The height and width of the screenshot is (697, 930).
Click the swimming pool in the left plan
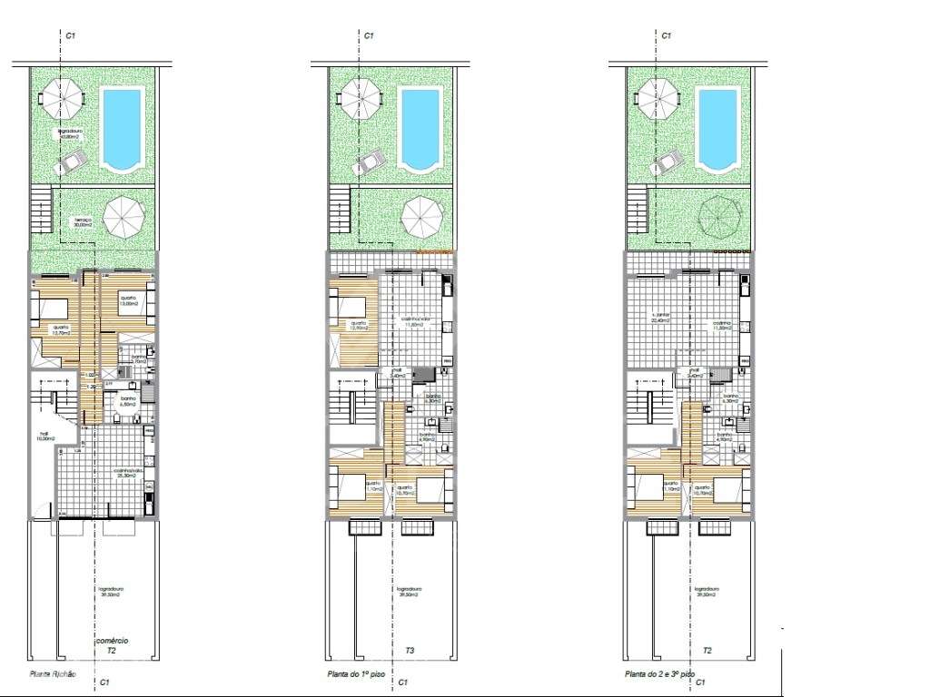(121, 128)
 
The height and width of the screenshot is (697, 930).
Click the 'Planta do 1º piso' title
(352, 674)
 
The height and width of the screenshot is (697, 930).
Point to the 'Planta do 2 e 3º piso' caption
(658, 674)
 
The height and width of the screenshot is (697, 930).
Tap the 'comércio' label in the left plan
(112, 641)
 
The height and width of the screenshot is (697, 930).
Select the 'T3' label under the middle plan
(411, 651)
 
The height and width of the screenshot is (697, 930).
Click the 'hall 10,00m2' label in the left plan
(44, 436)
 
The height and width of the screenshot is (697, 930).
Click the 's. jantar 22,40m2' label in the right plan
(660, 319)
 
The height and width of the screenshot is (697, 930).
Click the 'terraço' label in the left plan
(84, 222)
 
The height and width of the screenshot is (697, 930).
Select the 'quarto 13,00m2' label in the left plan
(127, 300)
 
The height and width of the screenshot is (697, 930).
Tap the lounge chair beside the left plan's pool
(71, 163)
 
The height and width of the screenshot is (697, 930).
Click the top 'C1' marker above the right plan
(666, 35)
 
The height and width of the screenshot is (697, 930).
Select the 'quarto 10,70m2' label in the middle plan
(403, 490)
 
